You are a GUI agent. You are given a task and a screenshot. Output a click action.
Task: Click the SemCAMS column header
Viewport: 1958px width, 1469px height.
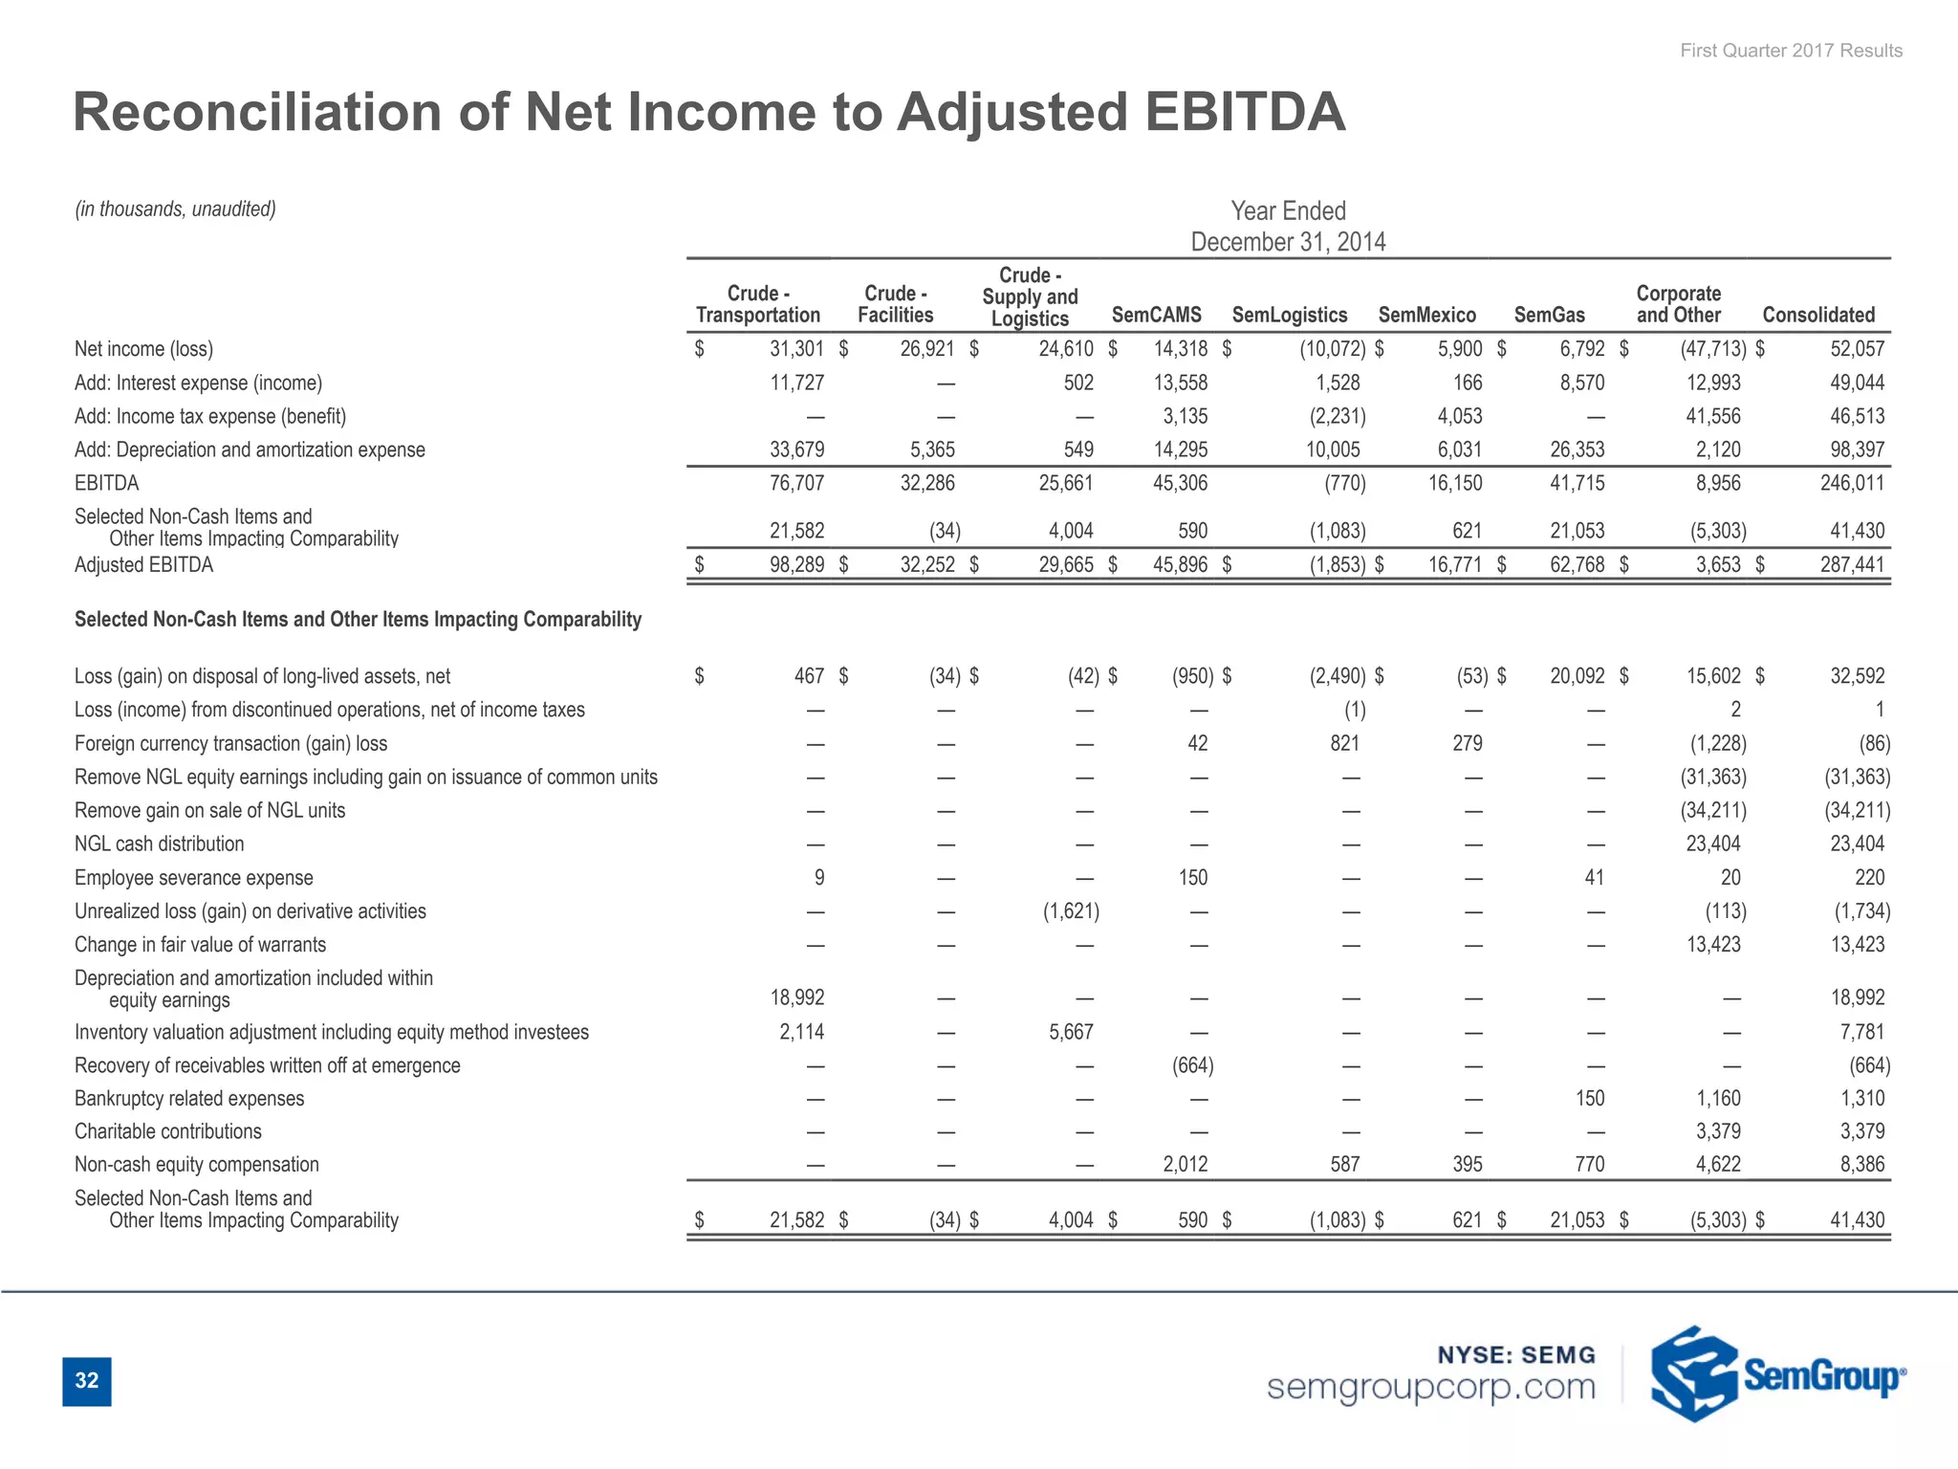(x=1156, y=315)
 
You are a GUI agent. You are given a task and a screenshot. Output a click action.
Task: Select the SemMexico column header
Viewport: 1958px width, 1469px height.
(x=1426, y=315)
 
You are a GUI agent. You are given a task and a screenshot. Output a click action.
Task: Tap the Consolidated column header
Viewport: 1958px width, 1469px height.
(x=1818, y=315)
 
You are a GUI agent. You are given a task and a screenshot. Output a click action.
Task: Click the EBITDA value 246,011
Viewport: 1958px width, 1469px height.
(x=1852, y=483)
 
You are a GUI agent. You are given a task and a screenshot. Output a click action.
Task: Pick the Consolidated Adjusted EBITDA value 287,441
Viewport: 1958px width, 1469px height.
(x=1852, y=565)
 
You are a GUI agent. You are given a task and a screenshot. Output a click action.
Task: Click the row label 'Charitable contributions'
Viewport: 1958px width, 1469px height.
(x=168, y=1131)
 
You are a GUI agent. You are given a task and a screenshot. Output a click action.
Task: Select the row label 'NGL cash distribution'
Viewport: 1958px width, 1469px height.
(x=160, y=844)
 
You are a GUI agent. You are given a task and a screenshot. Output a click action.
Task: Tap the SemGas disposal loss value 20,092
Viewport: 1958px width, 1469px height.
(x=1577, y=676)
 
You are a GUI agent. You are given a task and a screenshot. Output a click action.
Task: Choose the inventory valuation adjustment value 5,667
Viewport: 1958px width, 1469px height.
(x=1071, y=1032)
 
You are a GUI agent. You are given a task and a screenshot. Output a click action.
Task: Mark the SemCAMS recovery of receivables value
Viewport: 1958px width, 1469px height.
(x=1192, y=1065)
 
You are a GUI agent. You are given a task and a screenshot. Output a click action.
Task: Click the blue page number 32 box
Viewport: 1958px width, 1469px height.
(x=87, y=1381)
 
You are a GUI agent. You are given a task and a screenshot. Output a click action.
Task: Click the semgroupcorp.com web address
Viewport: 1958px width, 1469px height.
(x=1430, y=1387)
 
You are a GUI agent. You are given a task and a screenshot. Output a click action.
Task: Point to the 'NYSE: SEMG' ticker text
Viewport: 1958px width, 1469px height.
(x=1516, y=1354)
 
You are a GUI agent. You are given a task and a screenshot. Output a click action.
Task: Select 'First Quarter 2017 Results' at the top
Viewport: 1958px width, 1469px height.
(x=1791, y=51)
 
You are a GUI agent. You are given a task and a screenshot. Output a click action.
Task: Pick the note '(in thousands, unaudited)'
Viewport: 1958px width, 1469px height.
(x=176, y=208)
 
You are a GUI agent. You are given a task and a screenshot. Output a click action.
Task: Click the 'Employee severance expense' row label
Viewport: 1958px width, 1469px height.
(x=194, y=878)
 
